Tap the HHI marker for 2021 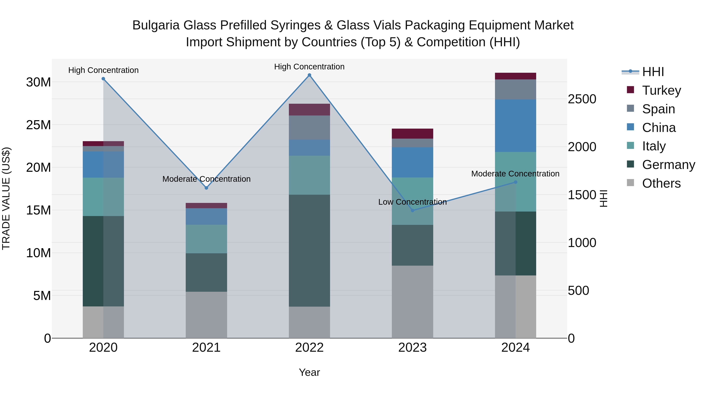click(x=206, y=188)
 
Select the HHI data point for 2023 click(x=412, y=210)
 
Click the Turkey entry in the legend click(x=661, y=90)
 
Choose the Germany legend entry click(x=668, y=165)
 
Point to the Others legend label click(x=661, y=183)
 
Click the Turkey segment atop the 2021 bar click(x=206, y=205)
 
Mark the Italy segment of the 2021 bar click(x=206, y=239)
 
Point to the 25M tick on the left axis click(x=38, y=125)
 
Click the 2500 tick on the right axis click(x=582, y=99)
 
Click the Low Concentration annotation click(x=412, y=202)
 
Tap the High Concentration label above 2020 click(x=103, y=70)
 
